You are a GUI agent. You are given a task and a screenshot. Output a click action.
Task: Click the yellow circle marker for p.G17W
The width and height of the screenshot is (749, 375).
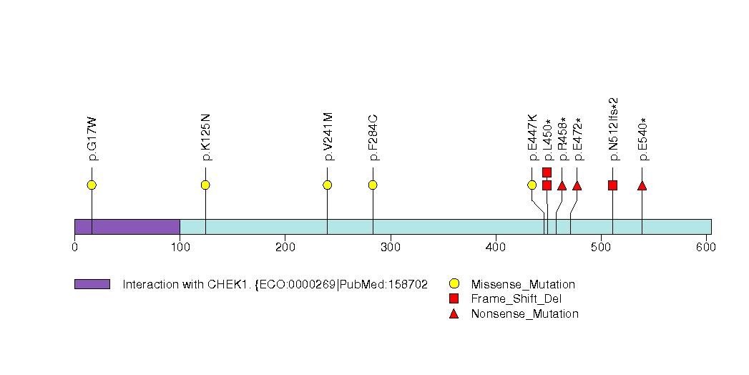(x=92, y=185)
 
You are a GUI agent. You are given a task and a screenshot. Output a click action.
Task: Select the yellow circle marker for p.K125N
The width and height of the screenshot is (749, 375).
(x=205, y=185)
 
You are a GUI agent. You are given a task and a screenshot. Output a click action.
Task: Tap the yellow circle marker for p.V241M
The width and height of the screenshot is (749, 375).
(x=327, y=185)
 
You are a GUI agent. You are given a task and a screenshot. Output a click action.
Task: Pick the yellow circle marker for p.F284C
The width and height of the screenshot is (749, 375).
(x=373, y=185)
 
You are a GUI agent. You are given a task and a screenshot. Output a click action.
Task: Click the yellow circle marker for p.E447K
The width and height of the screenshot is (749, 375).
(x=532, y=185)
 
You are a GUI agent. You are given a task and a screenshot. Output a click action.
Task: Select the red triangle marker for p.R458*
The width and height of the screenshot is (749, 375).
(x=562, y=185)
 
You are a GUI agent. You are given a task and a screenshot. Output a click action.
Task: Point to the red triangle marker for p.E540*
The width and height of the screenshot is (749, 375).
(x=642, y=185)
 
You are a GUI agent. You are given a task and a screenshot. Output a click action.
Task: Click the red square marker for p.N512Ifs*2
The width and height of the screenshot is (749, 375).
(x=612, y=185)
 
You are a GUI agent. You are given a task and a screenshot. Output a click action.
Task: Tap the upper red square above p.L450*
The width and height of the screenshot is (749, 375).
(x=547, y=172)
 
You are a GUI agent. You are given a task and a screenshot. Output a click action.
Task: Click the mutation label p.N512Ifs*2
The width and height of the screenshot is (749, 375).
(x=614, y=129)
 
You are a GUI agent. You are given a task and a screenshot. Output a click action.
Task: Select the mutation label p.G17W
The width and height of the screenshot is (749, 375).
(x=92, y=138)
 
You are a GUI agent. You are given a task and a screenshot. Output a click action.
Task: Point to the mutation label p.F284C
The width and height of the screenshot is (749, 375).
(x=373, y=137)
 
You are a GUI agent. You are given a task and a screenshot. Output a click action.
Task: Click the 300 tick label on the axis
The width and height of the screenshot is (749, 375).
(x=391, y=247)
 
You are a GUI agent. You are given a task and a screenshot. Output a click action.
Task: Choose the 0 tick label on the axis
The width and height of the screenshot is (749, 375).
(x=74, y=247)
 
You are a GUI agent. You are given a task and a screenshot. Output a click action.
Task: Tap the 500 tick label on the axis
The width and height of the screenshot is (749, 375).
(x=601, y=247)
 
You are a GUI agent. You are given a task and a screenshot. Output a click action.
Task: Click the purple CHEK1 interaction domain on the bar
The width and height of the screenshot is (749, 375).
(x=127, y=227)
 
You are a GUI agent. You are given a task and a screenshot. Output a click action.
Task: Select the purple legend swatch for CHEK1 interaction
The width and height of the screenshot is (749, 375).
(x=92, y=284)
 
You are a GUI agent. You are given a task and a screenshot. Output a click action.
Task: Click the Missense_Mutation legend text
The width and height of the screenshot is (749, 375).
(x=523, y=284)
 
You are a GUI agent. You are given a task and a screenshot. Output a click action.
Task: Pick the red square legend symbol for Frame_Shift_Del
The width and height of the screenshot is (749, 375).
(x=454, y=298)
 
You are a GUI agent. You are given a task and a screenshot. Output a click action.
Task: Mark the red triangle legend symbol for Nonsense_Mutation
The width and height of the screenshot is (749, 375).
(x=454, y=314)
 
